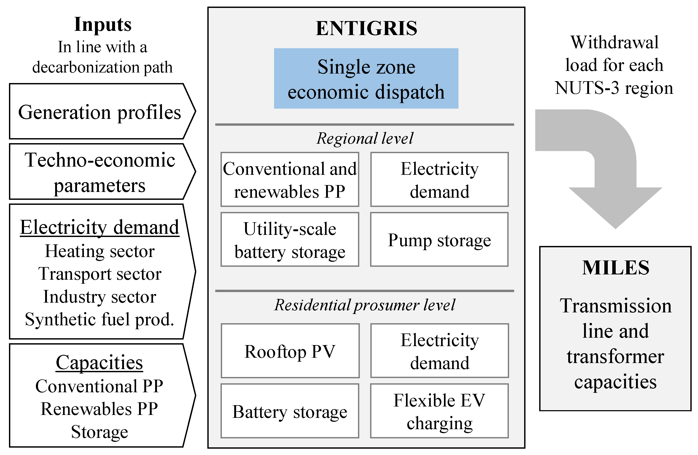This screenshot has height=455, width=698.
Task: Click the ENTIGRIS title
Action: click(x=366, y=28)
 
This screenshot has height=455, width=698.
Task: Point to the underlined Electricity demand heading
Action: click(x=99, y=227)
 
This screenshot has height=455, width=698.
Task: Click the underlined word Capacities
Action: click(x=99, y=363)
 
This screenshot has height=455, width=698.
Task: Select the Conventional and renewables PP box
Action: click(x=290, y=180)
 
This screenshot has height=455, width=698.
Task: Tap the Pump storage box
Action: click(x=439, y=240)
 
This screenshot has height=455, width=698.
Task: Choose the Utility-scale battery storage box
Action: click(x=290, y=240)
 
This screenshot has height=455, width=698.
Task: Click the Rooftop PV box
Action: click(x=290, y=351)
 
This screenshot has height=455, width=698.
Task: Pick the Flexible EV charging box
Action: click(x=439, y=411)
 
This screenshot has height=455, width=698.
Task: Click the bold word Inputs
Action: click(x=103, y=24)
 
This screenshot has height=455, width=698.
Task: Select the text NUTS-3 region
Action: click(x=614, y=88)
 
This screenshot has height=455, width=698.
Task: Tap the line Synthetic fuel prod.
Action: click(x=99, y=319)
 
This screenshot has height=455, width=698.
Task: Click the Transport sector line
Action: click(x=100, y=274)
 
